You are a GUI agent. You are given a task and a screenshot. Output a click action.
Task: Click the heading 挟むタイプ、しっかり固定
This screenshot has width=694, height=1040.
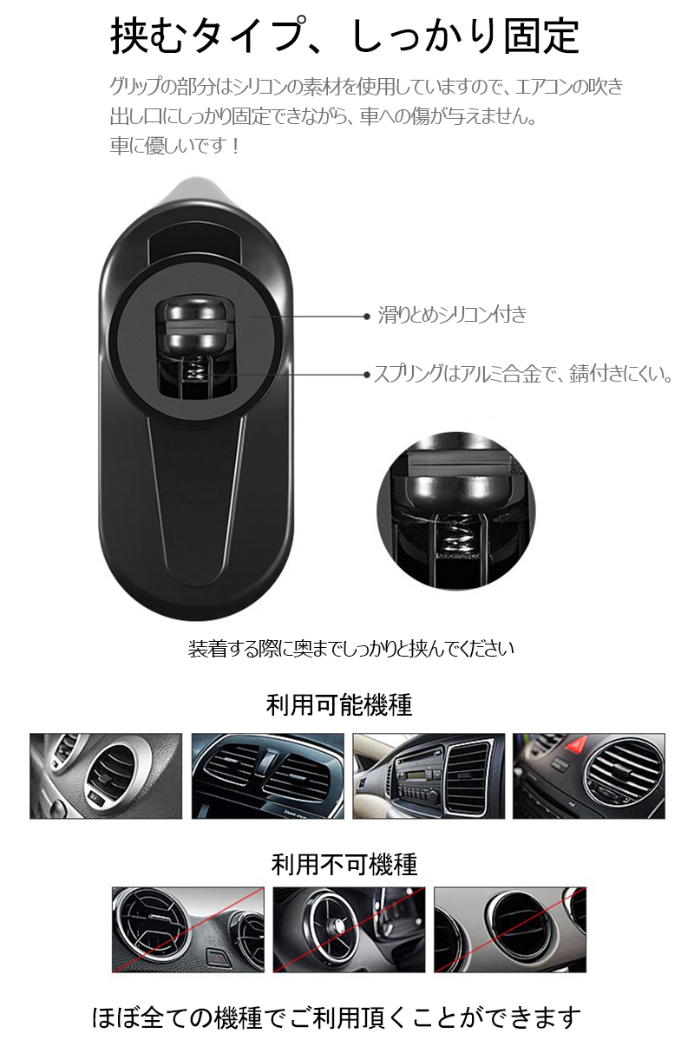(x=345, y=36)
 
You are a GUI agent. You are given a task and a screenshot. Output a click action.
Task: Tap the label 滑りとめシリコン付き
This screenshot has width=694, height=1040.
(x=453, y=314)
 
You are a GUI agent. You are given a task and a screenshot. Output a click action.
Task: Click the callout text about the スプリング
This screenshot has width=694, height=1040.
(x=523, y=374)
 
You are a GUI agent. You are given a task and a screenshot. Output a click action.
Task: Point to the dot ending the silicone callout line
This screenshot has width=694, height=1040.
(x=366, y=317)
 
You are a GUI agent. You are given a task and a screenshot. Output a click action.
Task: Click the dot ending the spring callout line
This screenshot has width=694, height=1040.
(x=366, y=375)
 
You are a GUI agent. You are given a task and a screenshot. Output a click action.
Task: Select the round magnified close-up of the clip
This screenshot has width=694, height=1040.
(x=455, y=511)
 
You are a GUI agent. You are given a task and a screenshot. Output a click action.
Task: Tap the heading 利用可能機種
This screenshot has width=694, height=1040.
(x=339, y=705)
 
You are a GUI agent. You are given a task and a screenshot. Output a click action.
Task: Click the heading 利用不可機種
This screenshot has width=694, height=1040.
(x=344, y=864)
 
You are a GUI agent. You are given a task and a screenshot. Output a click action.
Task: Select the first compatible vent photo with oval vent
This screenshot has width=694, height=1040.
(x=106, y=776)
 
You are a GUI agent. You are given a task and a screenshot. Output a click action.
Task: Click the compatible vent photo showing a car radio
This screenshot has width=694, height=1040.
(x=429, y=776)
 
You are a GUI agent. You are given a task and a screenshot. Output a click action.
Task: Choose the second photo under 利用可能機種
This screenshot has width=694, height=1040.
(x=267, y=776)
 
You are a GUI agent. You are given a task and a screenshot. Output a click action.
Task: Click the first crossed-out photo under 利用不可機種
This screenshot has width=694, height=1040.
(x=187, y=930)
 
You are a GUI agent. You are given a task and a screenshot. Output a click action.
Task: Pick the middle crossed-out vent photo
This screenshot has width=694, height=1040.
(x=349, y=930)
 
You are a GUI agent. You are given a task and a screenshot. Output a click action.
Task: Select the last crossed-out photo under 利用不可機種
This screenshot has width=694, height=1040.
(x=510, y=930)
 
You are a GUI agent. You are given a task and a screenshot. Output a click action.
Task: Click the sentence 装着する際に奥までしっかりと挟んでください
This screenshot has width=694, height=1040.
(x=351, y=649)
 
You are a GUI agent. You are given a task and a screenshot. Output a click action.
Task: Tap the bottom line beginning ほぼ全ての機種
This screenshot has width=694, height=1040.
(x=337, y=1017)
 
